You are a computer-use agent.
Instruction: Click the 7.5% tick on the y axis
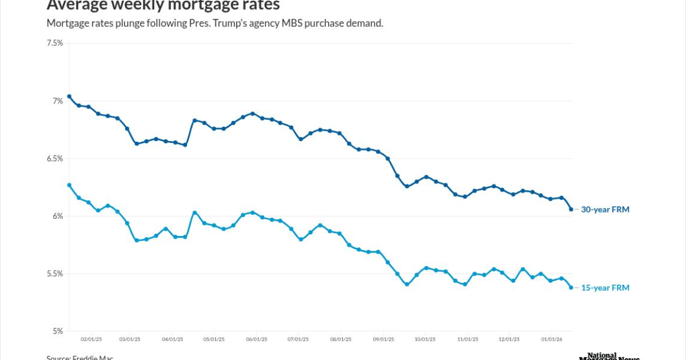pos(55,43)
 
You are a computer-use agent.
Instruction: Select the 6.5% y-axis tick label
pos(55,159)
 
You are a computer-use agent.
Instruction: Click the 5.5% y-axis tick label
pos(55,274)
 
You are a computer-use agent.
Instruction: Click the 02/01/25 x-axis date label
pos(91,339)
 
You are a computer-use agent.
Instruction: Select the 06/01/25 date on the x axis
pos(257,339)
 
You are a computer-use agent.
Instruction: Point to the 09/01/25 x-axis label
pos(384,339)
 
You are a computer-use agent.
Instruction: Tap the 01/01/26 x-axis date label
pos(552,339)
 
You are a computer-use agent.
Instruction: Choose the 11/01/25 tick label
pos(467,339)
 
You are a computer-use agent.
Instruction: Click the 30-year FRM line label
pos(605,210)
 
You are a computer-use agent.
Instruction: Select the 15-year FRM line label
pos(605,288)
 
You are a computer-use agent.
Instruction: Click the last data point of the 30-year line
pos(571,209)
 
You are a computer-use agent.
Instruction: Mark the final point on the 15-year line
pos(571,287)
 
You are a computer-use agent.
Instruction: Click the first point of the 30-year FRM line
pos(69,97)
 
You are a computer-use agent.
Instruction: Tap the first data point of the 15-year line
pos(69,185)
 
